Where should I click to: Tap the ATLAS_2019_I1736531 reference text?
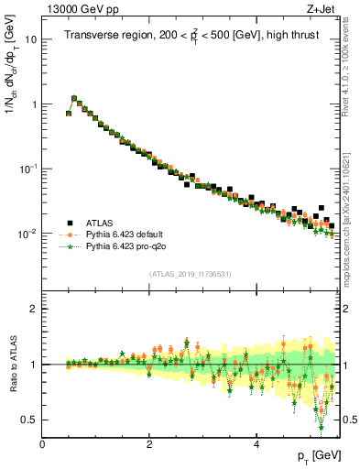click(x=191, y=274)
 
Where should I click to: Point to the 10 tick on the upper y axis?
click(x=31, y=40)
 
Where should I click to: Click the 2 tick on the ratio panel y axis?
click(x=34, y=309)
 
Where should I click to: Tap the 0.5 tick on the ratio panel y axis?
click(x=30, y=420)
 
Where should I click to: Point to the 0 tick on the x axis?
click(x=42, y=443)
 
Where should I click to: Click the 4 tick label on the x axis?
click(x=256, y=443)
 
